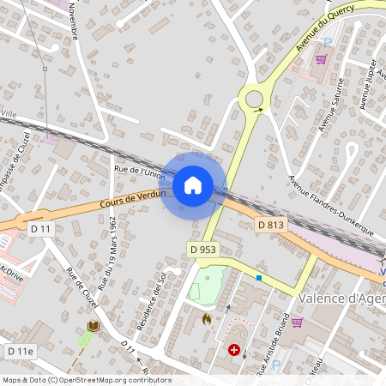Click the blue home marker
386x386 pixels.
(193, 184)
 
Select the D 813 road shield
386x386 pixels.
(270, 225)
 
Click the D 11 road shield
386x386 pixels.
(40, 229)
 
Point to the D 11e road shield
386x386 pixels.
(20, 352)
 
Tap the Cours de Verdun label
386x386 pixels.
(131, 199)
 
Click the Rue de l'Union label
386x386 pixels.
(139, 173)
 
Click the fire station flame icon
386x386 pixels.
(207, 318)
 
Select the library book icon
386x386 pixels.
(93, 326)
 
